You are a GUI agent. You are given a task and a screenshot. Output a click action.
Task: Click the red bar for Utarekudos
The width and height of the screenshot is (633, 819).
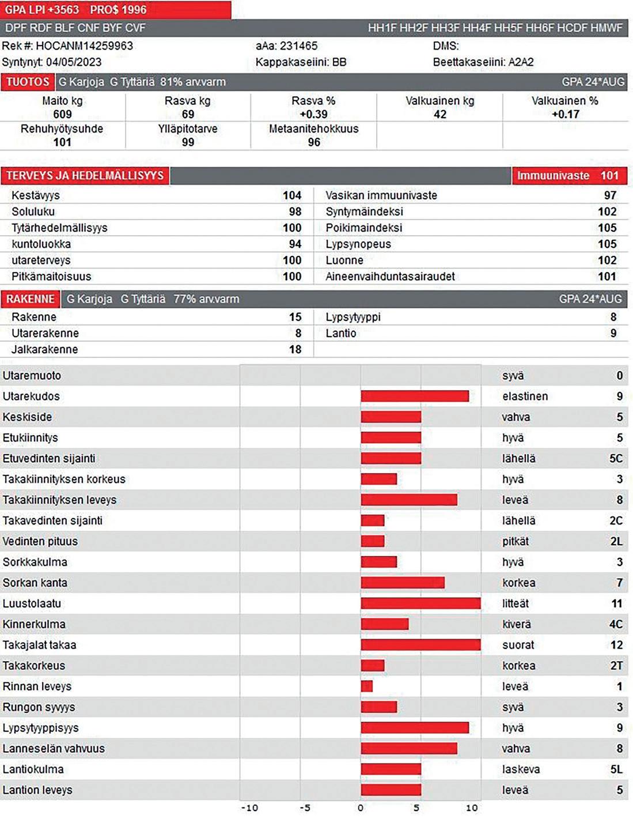pos(415,396)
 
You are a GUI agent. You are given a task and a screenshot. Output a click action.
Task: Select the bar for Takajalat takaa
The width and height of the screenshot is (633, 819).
pos(420,645)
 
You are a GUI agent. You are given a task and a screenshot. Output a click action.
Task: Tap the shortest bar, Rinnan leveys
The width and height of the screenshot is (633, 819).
pos(367,686)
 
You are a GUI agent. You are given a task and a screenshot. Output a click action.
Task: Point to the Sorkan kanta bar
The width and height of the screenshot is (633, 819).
pos(403,583)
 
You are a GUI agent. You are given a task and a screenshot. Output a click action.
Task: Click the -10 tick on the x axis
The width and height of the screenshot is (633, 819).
pos(249,808)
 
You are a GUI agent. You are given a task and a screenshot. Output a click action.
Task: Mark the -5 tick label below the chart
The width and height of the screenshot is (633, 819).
pos(305,808)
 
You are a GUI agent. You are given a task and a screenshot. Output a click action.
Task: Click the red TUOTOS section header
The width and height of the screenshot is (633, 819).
pos(28,82)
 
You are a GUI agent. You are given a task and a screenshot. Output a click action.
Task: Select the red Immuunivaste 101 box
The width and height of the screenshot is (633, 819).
pos(569,176)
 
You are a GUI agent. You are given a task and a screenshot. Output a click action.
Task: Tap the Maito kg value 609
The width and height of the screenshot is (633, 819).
pos(62,114)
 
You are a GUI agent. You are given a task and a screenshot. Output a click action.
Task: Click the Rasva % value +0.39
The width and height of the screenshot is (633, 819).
pos(313,114)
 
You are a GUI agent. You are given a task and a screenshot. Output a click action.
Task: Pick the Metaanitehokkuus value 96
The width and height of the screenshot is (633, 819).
pos(313,142)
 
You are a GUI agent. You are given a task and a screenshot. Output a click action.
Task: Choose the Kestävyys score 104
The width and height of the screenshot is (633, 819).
pos(292,195)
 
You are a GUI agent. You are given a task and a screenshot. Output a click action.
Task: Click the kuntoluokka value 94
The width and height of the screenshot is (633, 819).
pos(295,244)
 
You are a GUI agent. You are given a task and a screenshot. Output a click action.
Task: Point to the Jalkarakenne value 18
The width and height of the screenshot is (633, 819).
pos(295,349)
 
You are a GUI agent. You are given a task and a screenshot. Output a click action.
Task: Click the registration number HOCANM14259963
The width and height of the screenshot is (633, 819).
pos(84,46)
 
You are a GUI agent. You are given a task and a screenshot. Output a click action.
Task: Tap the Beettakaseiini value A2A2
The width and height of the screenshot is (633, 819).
pos(521,62)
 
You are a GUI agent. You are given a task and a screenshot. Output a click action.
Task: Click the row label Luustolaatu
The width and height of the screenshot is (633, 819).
pos(32,603)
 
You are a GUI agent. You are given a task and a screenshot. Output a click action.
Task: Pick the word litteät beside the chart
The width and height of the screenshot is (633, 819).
pos(515,603)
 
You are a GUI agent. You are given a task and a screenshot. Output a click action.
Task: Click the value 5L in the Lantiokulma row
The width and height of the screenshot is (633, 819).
pos(616,769)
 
